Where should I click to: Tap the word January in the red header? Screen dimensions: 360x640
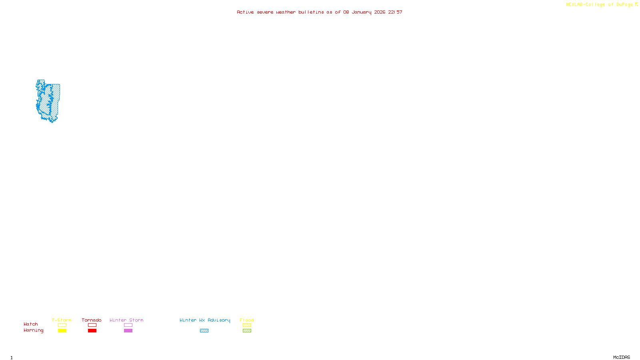point(361,12)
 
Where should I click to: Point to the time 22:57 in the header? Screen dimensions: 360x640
point(395,12)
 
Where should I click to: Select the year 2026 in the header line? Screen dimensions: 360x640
point(380,12)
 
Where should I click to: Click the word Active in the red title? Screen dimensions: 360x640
point(245,12)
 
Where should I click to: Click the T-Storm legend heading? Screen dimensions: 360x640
point(62,320)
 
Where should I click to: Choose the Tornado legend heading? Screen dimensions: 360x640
point(92,320)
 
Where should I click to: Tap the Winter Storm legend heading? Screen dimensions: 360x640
point(126,320)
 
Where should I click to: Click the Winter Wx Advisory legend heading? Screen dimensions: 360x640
point(205,320)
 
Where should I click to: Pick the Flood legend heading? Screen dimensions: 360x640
point(247,320)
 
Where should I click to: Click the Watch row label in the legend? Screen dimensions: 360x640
point(31,324)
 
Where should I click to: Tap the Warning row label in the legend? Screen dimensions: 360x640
point(33,330)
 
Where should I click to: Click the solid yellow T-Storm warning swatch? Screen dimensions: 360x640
point(62,331)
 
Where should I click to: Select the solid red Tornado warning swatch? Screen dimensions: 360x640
point(92,331)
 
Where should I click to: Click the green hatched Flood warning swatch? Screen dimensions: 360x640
point(247,331)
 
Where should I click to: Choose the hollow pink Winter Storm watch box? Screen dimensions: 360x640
point(128,325)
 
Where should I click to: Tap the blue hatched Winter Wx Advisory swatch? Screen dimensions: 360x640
point(204,331)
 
